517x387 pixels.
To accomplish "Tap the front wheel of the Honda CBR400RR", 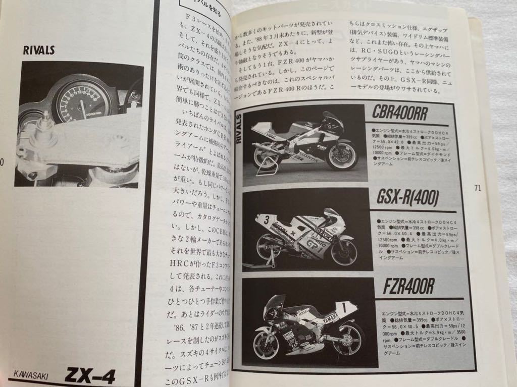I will [343, 155].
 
